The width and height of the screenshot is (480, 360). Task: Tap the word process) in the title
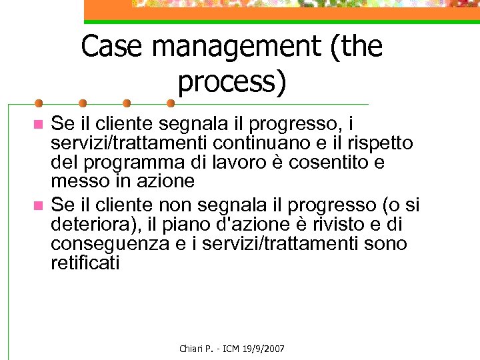coord(232,81)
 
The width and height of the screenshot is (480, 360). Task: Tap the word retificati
coord(85,263)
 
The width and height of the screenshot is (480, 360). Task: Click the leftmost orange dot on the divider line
coord(38,103)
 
